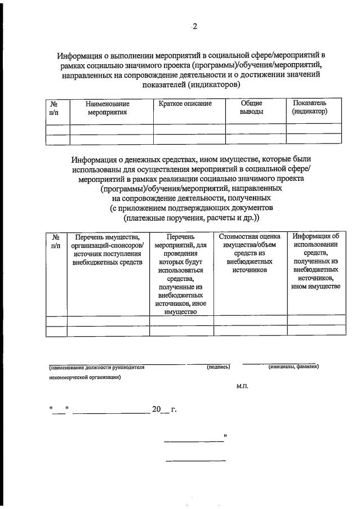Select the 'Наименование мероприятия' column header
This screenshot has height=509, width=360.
107,108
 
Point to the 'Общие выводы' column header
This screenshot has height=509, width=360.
251,108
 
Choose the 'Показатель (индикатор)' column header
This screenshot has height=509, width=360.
309,108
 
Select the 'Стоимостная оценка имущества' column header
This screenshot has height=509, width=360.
249,253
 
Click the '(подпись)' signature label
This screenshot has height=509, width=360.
219,367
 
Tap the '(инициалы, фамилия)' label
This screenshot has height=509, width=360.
294,367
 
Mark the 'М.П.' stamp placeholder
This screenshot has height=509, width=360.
243,387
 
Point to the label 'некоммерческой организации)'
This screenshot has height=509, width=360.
85,378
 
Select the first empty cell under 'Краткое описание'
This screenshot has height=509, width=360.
189,129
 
